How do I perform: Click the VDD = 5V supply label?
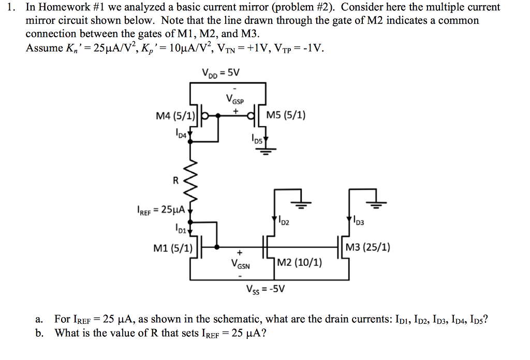[x=221, y=72]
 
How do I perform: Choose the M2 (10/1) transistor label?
[x=300, y=263]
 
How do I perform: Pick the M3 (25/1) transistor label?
[x=369, y=247]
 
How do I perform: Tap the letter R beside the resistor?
[x=175, y=182]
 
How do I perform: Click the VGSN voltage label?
[x=241, y=266]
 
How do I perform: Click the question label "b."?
[x=40, y=333]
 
